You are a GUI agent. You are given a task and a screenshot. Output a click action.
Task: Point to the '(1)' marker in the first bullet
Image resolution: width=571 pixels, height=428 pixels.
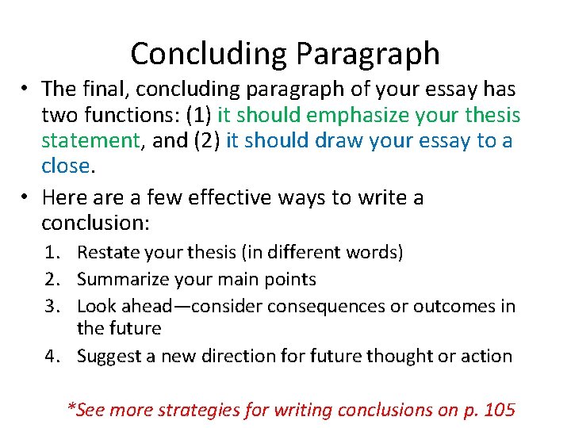click(x=198, y=115)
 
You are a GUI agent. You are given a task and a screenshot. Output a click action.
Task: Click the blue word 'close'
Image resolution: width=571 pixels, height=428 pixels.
click(x=66, y=166)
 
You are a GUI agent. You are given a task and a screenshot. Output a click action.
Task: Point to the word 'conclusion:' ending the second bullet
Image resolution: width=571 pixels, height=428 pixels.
click(x=94, y=223)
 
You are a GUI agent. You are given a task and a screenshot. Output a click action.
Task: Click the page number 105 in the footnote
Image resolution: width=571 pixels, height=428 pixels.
click(x=500, y=410)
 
